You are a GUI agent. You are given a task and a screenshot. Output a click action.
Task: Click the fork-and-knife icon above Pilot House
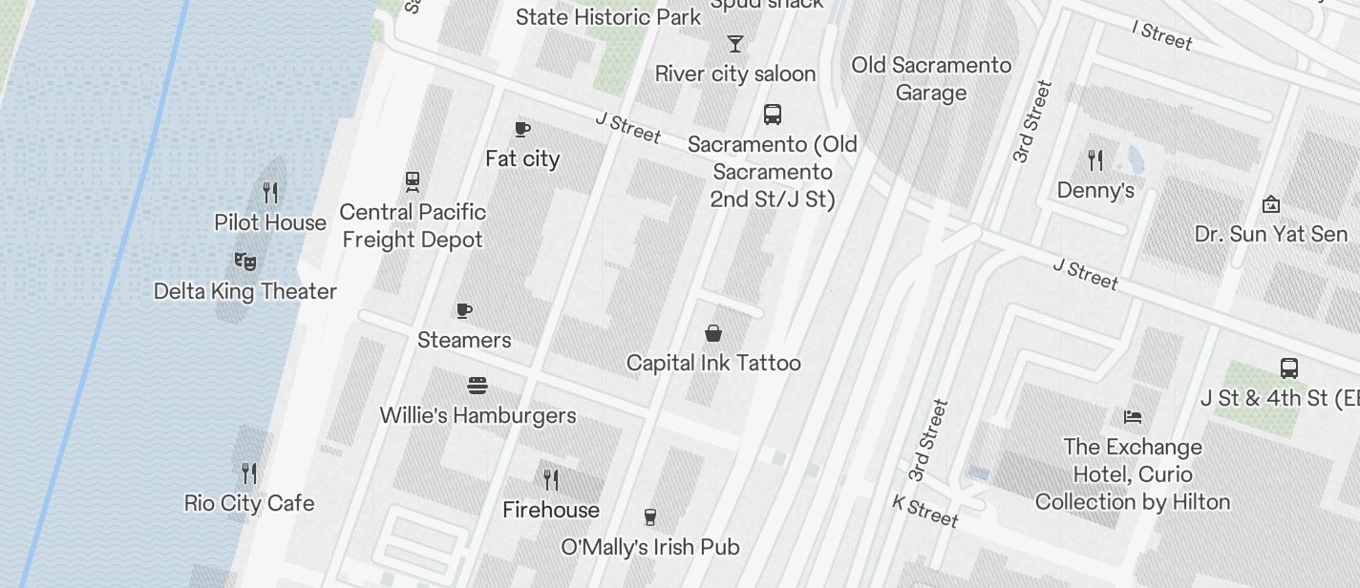click(270, 193)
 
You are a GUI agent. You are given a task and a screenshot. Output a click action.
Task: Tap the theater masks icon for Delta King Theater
click(245, 261)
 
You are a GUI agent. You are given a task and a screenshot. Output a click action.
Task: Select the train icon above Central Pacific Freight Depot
click(413, 181)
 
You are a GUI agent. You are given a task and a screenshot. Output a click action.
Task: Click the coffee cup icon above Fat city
click(521, 129)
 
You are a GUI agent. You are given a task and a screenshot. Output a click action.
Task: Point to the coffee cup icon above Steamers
click(464, 310)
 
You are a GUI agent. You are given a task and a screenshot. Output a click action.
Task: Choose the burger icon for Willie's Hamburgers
click(478, 386)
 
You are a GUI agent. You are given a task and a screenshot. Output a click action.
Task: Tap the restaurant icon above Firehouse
click(551, 479)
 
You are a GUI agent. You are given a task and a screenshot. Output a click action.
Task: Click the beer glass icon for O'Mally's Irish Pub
click(650, 517)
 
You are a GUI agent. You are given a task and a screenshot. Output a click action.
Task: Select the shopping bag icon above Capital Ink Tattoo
click(712, 333)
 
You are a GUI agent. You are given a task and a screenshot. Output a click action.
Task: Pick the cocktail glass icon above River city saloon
click(734, 44)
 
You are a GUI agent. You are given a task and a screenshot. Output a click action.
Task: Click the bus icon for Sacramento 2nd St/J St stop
click(773, 115)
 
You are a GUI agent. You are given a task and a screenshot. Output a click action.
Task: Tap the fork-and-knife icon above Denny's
click(1095, 160)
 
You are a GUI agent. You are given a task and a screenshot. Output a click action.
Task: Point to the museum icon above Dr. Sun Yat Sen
click(1271, 204)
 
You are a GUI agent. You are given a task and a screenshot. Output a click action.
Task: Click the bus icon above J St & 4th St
click(1288, 367)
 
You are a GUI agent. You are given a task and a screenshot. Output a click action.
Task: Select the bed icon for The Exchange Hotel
click(1133, 417)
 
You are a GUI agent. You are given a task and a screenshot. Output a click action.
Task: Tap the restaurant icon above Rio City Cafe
click(249, 473)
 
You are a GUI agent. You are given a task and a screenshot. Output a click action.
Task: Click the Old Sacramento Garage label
click(931, 79)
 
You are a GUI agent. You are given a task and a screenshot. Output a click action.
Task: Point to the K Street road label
click(925, 511)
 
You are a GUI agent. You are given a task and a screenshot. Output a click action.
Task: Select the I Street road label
click(1162, 35)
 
